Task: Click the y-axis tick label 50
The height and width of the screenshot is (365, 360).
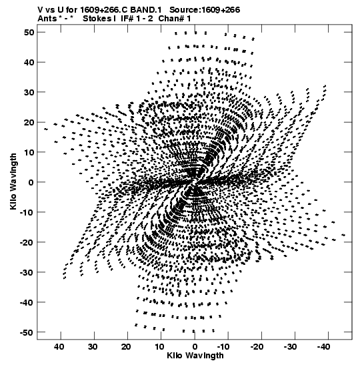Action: click(29, 32)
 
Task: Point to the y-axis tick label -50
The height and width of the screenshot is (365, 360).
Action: click(27, 332)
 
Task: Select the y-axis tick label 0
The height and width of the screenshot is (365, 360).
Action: click(31, 182)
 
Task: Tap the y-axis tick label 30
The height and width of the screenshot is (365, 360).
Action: click(29, 92)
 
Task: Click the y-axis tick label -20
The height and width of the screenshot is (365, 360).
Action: click(27, 242)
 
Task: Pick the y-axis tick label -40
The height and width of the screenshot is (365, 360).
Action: click(27, 302)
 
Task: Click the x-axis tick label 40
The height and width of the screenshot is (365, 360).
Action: click(59, 347)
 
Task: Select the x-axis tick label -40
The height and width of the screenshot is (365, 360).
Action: click(323, 347)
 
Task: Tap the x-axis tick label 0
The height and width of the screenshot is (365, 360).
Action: click(195, 347)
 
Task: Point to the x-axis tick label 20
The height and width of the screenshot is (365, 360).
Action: click(126, 347)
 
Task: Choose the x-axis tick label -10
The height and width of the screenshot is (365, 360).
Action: click(223, 347)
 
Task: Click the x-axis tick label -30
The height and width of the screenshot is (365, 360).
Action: click(290, 347)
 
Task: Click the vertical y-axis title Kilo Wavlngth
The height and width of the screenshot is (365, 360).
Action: click(13, 181)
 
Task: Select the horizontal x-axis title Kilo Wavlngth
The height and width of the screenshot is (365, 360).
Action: click(195, 356)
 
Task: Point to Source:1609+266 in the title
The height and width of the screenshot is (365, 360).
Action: click(205, 10)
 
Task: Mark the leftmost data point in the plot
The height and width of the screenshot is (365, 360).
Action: click(46, 129)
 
